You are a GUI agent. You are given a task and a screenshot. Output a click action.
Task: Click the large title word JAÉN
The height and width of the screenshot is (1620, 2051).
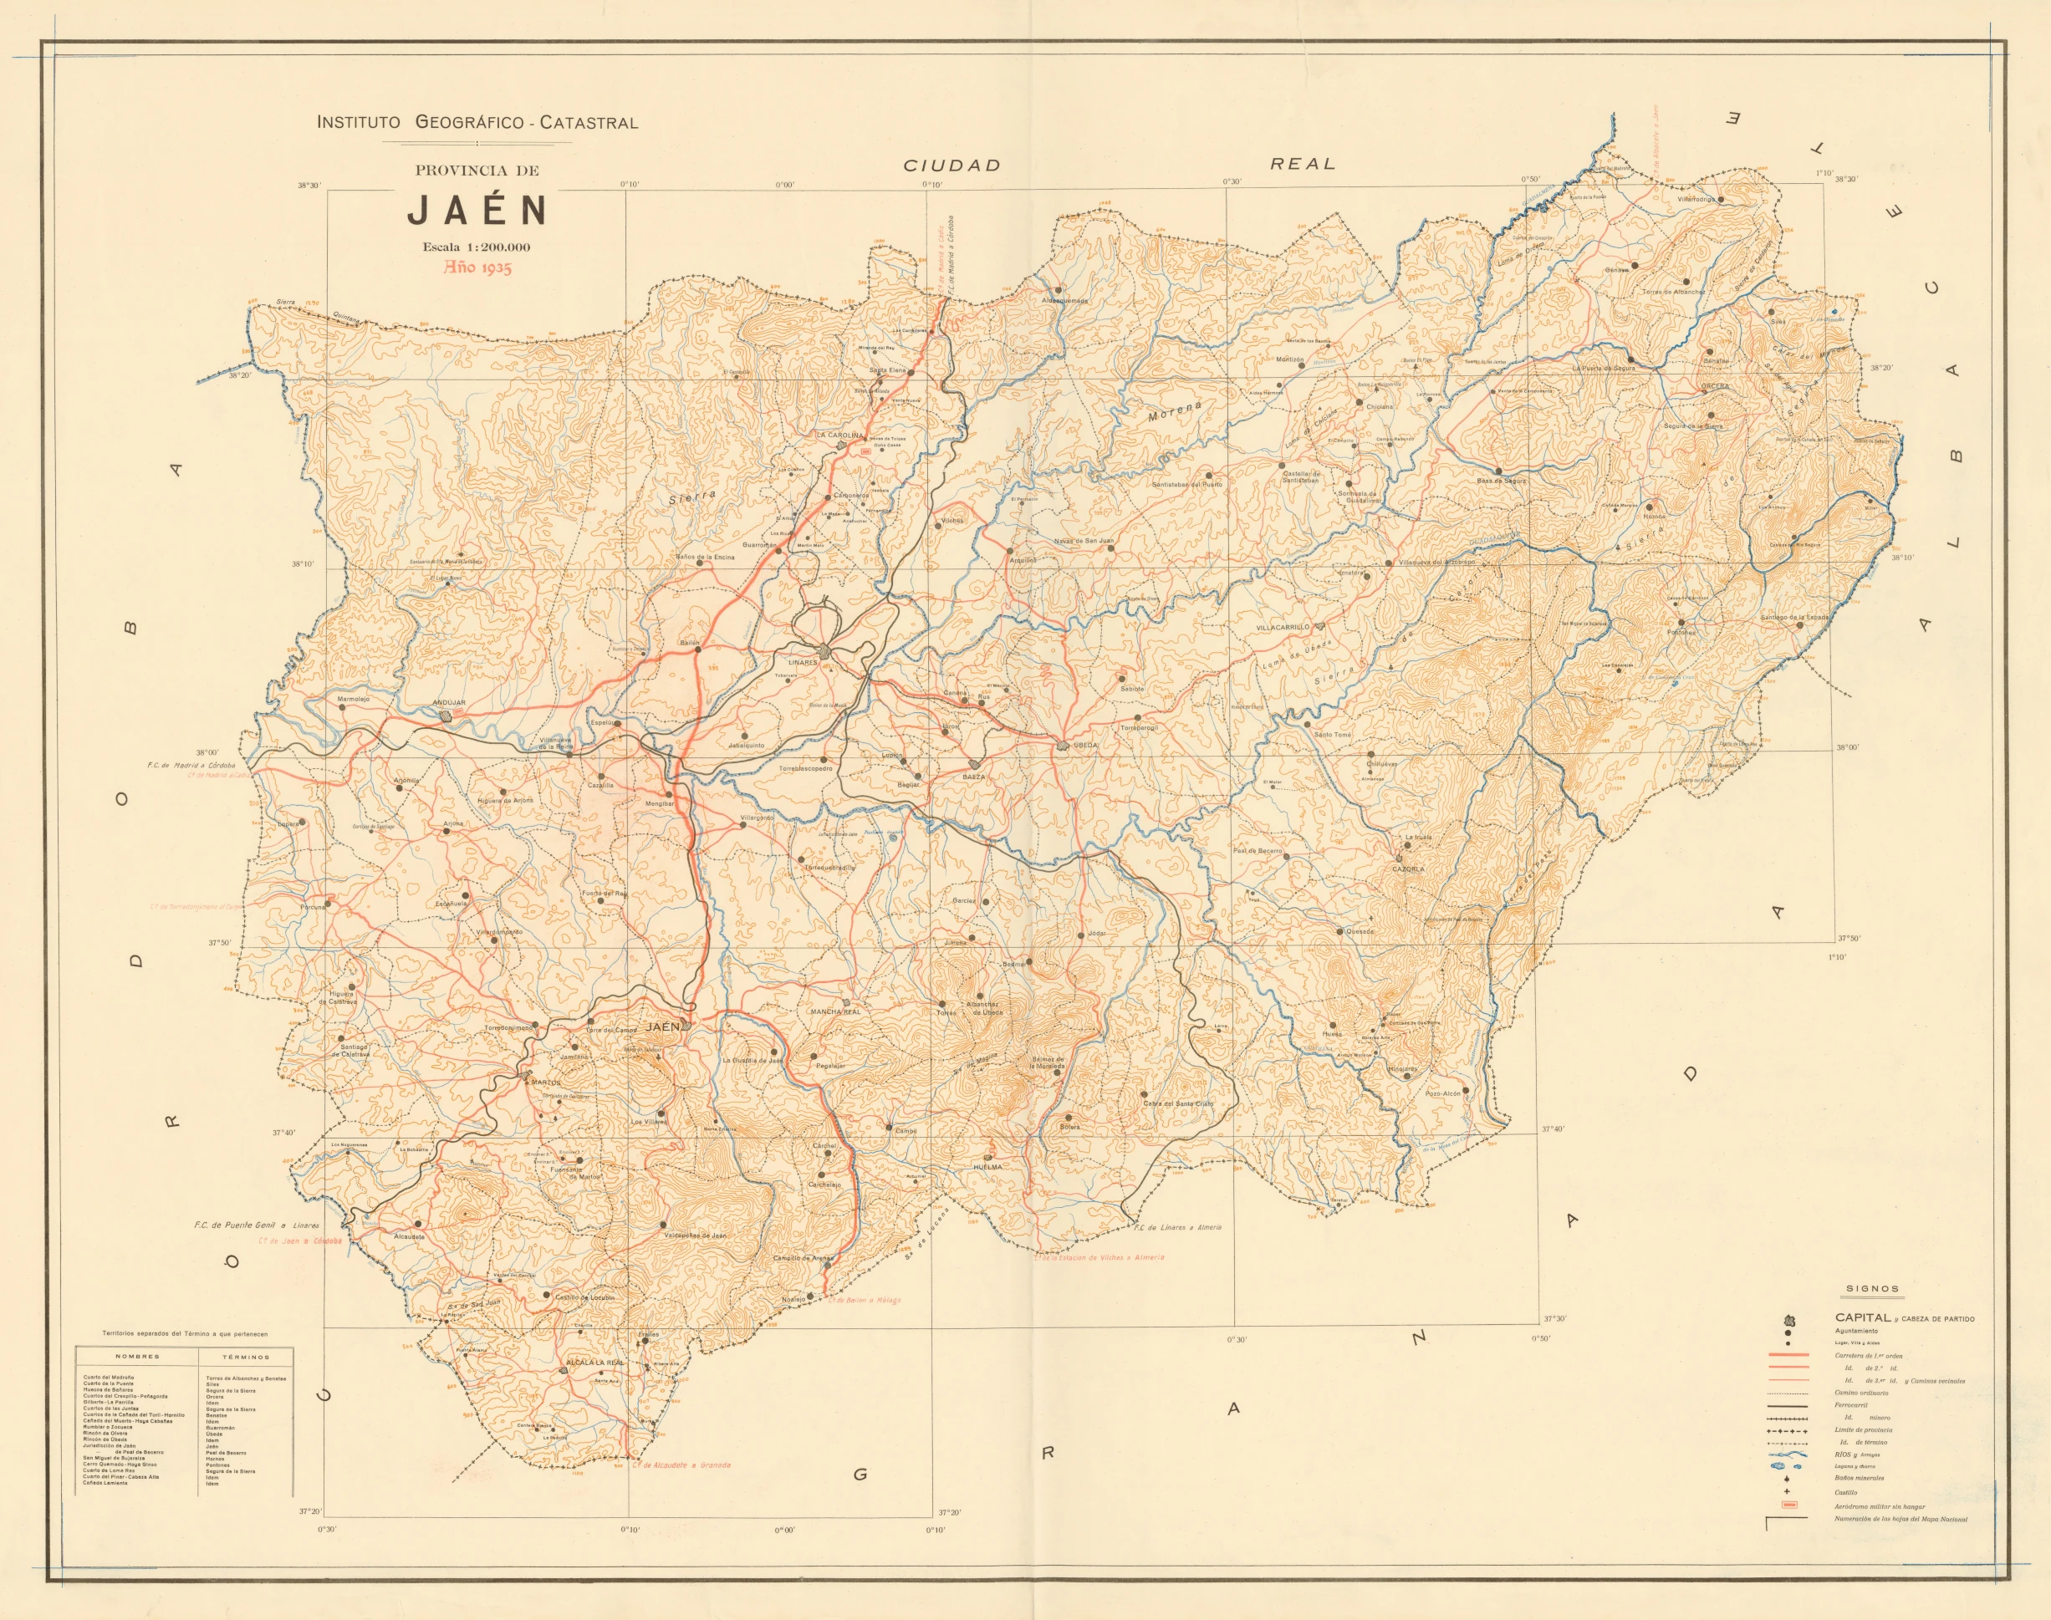click(x=477, y=211)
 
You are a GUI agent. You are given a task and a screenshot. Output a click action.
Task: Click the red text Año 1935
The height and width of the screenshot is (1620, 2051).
click(x=478, y=267)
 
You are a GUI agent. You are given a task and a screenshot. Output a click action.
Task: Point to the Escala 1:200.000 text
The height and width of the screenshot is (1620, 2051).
click(x=477, y=247)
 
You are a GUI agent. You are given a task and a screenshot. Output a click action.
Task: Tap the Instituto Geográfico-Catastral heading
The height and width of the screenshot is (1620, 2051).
click(x=477, y=122)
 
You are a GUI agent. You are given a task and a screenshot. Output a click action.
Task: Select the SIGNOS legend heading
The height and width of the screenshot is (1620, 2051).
click(x=1873, y=1289)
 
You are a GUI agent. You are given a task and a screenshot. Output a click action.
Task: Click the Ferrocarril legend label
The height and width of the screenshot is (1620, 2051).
click(x=1853, y=1404)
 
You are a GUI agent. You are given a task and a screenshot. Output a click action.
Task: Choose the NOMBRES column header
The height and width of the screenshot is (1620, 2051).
click(x=138, y=1358)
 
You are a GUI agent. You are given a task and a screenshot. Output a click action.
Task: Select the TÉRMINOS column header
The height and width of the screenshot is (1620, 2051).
click(x=247, y=1358)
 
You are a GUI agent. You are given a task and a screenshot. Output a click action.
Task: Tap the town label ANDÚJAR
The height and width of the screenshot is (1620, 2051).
click(x=449, y=703)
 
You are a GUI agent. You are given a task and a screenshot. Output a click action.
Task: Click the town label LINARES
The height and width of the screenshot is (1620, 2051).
click(x=803, y=662)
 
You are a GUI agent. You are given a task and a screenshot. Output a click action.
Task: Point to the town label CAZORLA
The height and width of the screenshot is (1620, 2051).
click(x=1408, y=869)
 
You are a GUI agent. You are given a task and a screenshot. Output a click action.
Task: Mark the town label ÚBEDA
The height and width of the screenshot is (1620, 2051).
click(x=1084, y=745)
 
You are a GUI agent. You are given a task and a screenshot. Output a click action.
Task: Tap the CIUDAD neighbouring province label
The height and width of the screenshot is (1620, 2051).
click(x=952, y=165)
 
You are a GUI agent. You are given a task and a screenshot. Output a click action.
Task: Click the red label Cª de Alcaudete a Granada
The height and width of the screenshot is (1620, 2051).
click(x=681, y=1465)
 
